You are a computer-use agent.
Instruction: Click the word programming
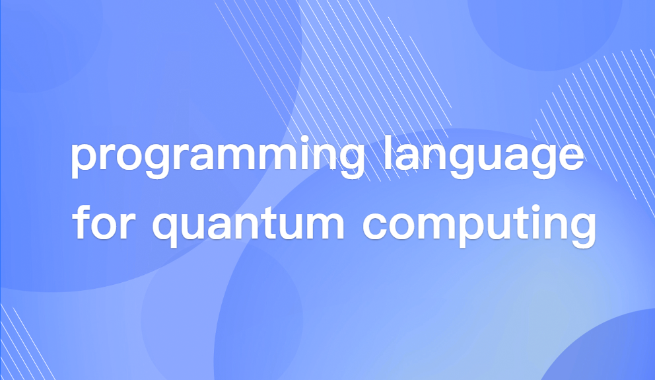217,159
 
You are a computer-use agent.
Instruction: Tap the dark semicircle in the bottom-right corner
607,350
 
